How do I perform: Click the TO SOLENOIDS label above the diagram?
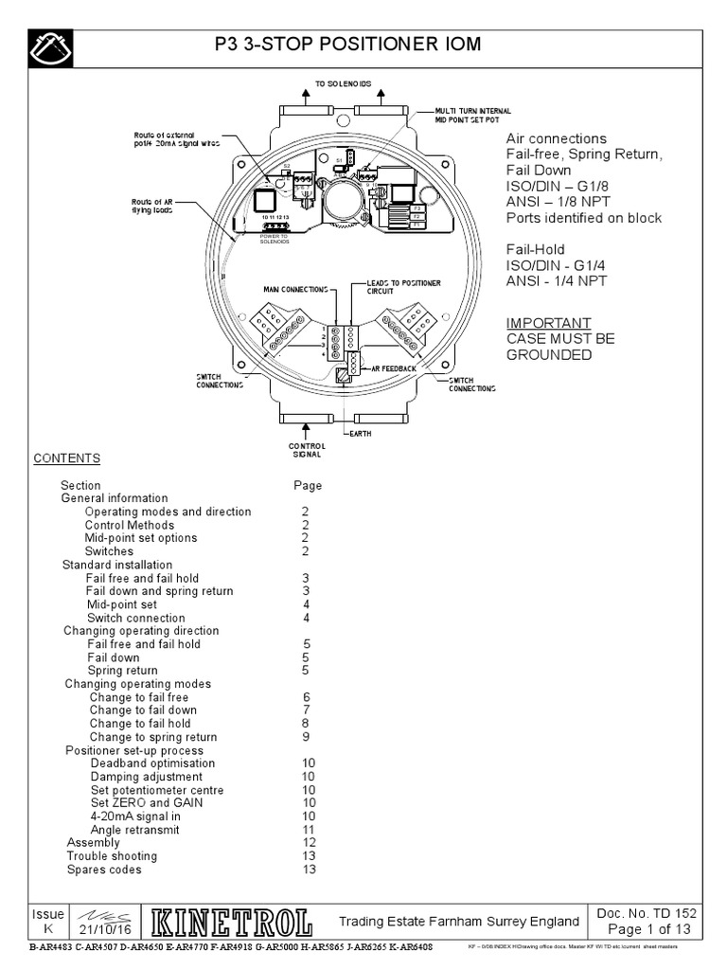344,84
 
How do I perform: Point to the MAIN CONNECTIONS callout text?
295,288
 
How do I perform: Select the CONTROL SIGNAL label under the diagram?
307,450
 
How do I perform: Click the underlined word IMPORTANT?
548,323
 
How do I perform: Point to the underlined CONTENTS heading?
67,458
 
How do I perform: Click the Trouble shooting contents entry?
112,856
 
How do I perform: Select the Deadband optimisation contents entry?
152,763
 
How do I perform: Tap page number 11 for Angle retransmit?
309,830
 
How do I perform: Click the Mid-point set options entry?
141,538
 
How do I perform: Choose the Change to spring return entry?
153,737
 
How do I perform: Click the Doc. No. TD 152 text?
648,913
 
